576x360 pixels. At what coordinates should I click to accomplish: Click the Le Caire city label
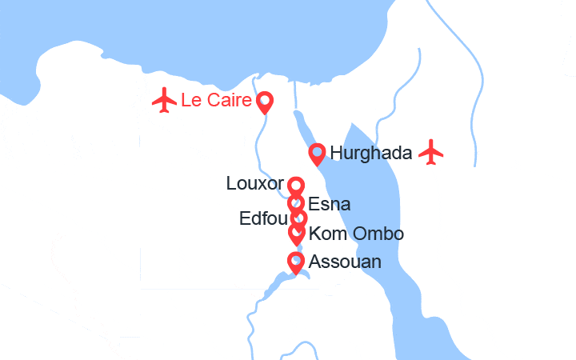pos(217,101)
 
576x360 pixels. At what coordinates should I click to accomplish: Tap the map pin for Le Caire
pos(265,102)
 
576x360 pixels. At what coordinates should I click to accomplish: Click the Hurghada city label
pos(370,152)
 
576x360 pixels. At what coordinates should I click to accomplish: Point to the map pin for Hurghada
pos(318,152)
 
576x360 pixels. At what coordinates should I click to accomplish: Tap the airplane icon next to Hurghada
pos(431,151)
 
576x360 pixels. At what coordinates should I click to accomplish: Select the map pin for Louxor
pos(296,187)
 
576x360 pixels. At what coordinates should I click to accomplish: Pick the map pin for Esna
pos(296,203)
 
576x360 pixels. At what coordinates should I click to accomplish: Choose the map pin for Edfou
pos(298,217)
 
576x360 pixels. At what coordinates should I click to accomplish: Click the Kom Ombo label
pos(355,234)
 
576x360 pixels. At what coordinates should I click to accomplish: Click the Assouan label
pos(344,262)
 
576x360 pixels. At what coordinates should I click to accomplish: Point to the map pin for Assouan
pos(296,262)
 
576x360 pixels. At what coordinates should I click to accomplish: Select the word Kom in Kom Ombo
pos(324,234)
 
